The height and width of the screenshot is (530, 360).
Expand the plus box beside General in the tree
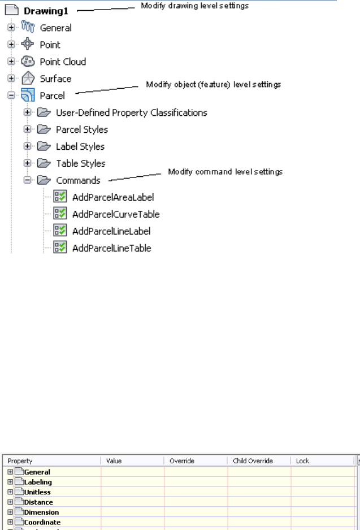click(11, 28)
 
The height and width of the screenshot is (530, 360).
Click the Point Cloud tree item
click(63, 62)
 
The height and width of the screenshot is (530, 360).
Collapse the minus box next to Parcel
click(11, 95)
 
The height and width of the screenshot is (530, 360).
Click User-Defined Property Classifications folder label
click(131, 112)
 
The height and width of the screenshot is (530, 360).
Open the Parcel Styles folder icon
click(44, 129)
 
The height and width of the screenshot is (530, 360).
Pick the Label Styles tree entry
click(80, 146)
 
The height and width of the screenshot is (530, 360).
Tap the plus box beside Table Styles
click(27, 163)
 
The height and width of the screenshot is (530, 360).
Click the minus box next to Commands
click(27, 180)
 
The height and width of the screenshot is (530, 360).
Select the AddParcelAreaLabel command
click(113, 197)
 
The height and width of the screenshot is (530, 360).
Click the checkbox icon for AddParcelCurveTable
click(60, 214)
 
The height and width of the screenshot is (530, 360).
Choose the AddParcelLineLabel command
click(111, 231)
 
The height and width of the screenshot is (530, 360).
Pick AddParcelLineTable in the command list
click(111, 248)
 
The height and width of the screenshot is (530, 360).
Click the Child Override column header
click(253, 461)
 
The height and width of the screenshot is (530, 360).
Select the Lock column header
click(303, 461)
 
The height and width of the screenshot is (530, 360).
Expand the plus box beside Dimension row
click(11, 512)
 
